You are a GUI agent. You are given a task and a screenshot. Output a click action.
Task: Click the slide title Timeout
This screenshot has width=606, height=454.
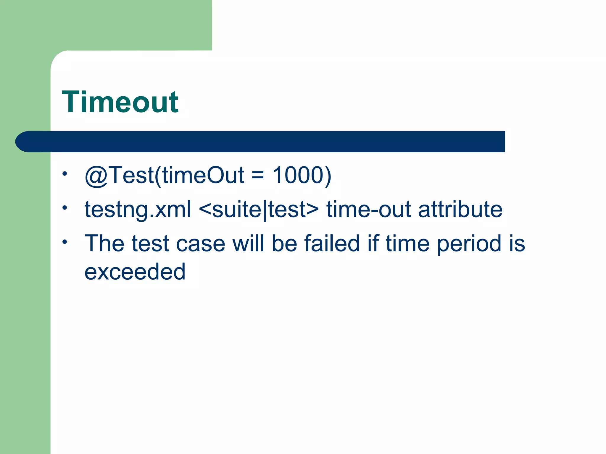(120, 102)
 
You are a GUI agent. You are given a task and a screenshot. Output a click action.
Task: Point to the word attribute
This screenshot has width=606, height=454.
(460, 209)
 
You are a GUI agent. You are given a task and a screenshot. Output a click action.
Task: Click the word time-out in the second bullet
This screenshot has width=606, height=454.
(369, 209)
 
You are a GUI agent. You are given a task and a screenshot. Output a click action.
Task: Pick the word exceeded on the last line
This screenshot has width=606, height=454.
(135, 272)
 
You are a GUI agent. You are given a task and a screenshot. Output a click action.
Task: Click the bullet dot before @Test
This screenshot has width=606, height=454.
(65, 174)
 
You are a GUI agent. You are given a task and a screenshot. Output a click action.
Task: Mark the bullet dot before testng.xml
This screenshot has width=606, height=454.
(65, 208)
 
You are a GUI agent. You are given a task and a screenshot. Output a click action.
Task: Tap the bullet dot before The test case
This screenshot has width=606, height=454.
(65, 242)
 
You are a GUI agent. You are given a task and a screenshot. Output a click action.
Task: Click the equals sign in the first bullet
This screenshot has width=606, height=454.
(257, 175)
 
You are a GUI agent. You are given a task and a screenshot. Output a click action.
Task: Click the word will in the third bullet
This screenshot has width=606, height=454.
(248, 243)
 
